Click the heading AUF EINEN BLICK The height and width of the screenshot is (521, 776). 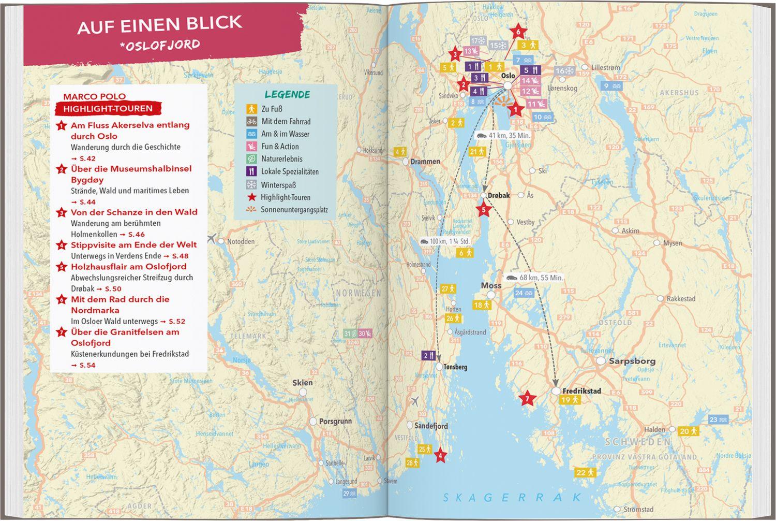159,24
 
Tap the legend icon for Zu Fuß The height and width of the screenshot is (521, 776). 251,109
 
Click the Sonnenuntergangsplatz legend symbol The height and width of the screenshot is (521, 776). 251,210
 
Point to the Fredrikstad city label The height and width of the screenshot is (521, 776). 581,391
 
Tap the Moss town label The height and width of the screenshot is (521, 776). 491,285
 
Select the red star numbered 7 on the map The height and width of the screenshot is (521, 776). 527,399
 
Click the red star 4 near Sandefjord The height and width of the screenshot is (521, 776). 440,456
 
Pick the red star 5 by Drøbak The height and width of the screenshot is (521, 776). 484,210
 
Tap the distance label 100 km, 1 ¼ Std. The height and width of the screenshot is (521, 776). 445,241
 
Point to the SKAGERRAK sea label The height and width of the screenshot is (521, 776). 512,498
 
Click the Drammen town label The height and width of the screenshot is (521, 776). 425,162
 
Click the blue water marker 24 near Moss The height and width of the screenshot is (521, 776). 523,293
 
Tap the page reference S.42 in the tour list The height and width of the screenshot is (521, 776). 87,158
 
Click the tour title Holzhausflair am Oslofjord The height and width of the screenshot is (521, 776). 128,267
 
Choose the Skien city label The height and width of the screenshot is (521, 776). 302,383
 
